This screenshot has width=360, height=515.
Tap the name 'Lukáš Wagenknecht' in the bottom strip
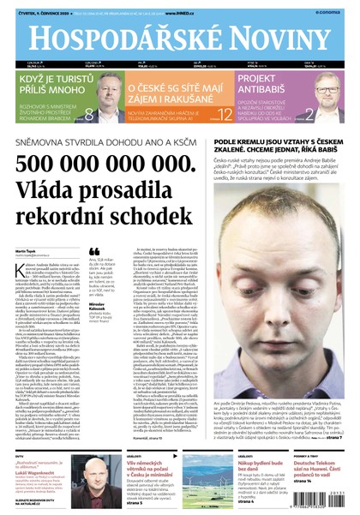[38, 471]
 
